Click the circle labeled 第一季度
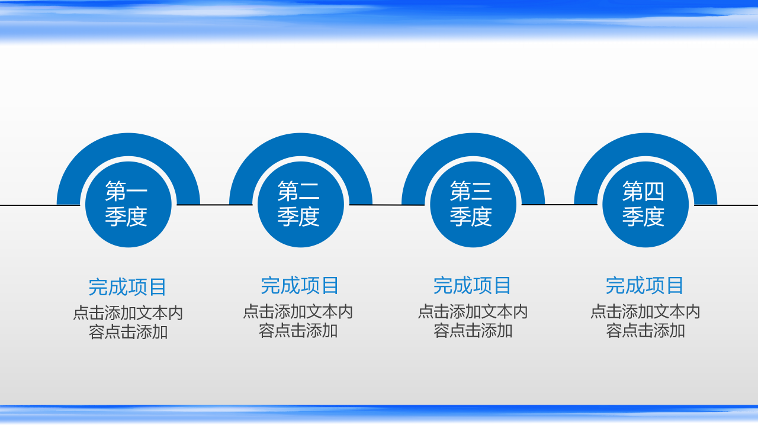coord(129,204)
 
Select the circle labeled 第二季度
coord(301,204)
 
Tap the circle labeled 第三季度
coord(473,204)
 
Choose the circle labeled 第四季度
coord(645,204)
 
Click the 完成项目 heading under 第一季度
coord(128,288)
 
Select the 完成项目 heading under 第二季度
coord(300,286)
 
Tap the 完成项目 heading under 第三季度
coord(473,286)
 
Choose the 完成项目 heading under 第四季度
coord(645,286)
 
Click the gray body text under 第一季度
coord(128,322)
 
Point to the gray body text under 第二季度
coord(298,321)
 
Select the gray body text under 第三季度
coord(473,321)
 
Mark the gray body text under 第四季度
coord(645,321)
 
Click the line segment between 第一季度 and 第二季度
coord(214,205)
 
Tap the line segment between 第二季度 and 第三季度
coord(387,205)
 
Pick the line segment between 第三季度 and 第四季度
coord(559,205)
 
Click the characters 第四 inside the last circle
coord(644,192)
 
